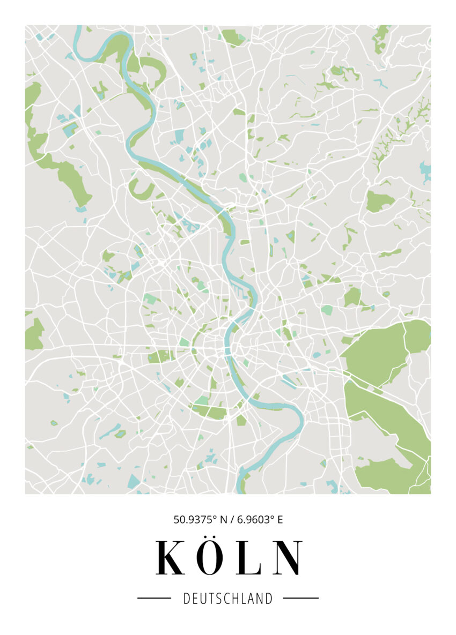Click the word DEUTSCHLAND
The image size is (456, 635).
pyautogui.click(x=228, y=599)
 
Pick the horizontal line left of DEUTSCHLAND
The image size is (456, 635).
pyautogui.click(x=154, y=598)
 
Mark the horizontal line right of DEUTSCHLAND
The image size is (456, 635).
pyautogui.click(x=300, y=598)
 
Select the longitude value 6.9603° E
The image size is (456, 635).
pyautogui.click(x=256, y=519)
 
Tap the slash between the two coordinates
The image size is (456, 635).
pyautogui.click(x=232, y=519)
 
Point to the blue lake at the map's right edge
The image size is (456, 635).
pyautogui.click(x=425, y=171)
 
